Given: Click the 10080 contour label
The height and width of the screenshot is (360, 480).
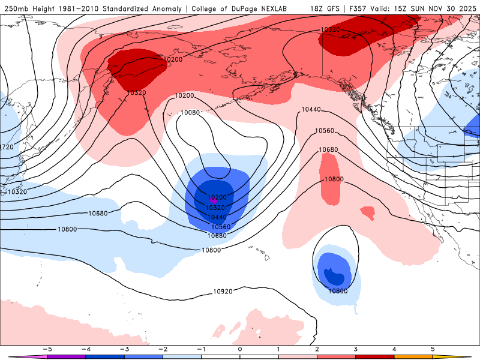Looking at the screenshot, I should coord(190,112).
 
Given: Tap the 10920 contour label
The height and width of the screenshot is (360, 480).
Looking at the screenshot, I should coord(223,292).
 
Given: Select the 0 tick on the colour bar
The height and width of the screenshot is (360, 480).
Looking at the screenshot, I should coord(239,349).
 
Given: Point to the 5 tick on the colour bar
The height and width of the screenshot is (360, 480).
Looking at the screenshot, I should coord(433,349).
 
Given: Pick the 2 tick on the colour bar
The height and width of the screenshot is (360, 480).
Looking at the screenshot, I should coord(317,349).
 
